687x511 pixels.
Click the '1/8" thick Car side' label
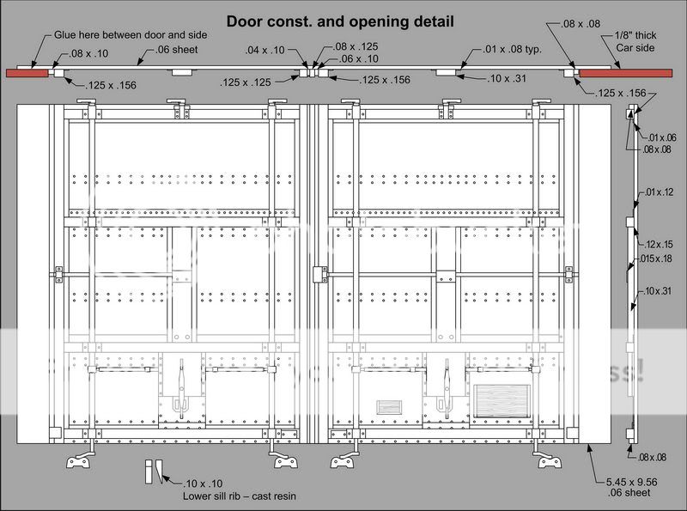click(635, 42)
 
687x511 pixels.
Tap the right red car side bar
click(624, 74)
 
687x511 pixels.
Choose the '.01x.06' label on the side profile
click(662, 137)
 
